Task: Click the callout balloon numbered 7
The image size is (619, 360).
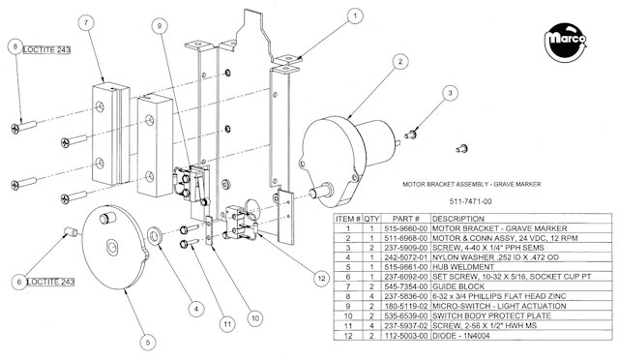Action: point(86,23)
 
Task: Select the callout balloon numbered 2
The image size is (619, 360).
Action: point(400,61)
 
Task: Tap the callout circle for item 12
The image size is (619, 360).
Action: point(321,278)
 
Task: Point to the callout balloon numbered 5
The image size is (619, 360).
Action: point(148,343)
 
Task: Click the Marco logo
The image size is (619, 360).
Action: point(565,42)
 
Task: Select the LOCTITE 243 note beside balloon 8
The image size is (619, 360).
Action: point(46,49)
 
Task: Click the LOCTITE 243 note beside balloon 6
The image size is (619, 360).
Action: point(50,283)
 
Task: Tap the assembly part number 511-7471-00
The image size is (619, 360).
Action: point(471,201)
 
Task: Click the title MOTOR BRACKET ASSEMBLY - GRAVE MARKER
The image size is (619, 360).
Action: point(472,184)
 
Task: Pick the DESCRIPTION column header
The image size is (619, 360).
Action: point(457,219)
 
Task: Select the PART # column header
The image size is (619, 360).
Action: point(406,219)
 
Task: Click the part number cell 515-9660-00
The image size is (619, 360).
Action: point(406,228)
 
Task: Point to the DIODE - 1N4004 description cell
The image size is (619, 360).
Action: point(461,336)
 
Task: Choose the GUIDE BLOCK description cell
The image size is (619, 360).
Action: point(458,286)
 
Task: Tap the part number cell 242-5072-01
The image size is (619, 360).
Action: point(406,257)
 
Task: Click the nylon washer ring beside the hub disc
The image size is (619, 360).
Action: point(154,236)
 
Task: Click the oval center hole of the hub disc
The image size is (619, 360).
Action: point(112,248)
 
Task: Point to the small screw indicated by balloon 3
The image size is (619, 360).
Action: point(410,135)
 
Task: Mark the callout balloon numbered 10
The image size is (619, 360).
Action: point(255,318)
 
